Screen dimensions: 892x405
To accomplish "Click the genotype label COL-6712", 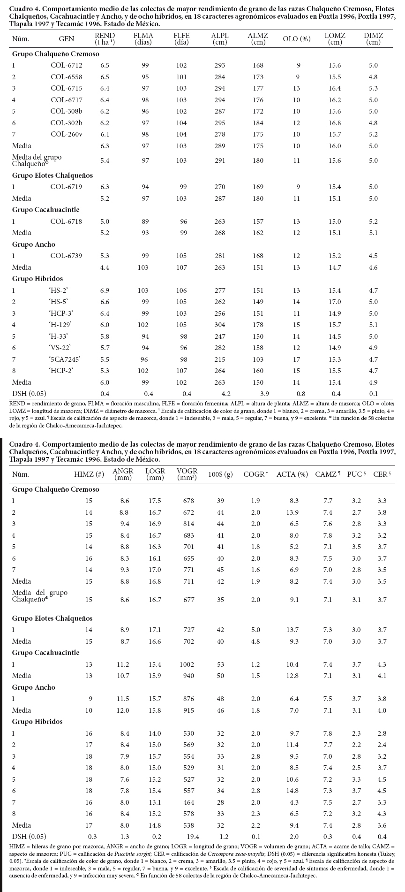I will (x=67, y=65).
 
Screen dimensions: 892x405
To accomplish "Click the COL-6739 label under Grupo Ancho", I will (x=67, y=256).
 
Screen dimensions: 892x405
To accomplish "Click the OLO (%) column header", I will (x=297, y=39).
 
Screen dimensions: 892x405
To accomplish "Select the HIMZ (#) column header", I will (x=89, y=474).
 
